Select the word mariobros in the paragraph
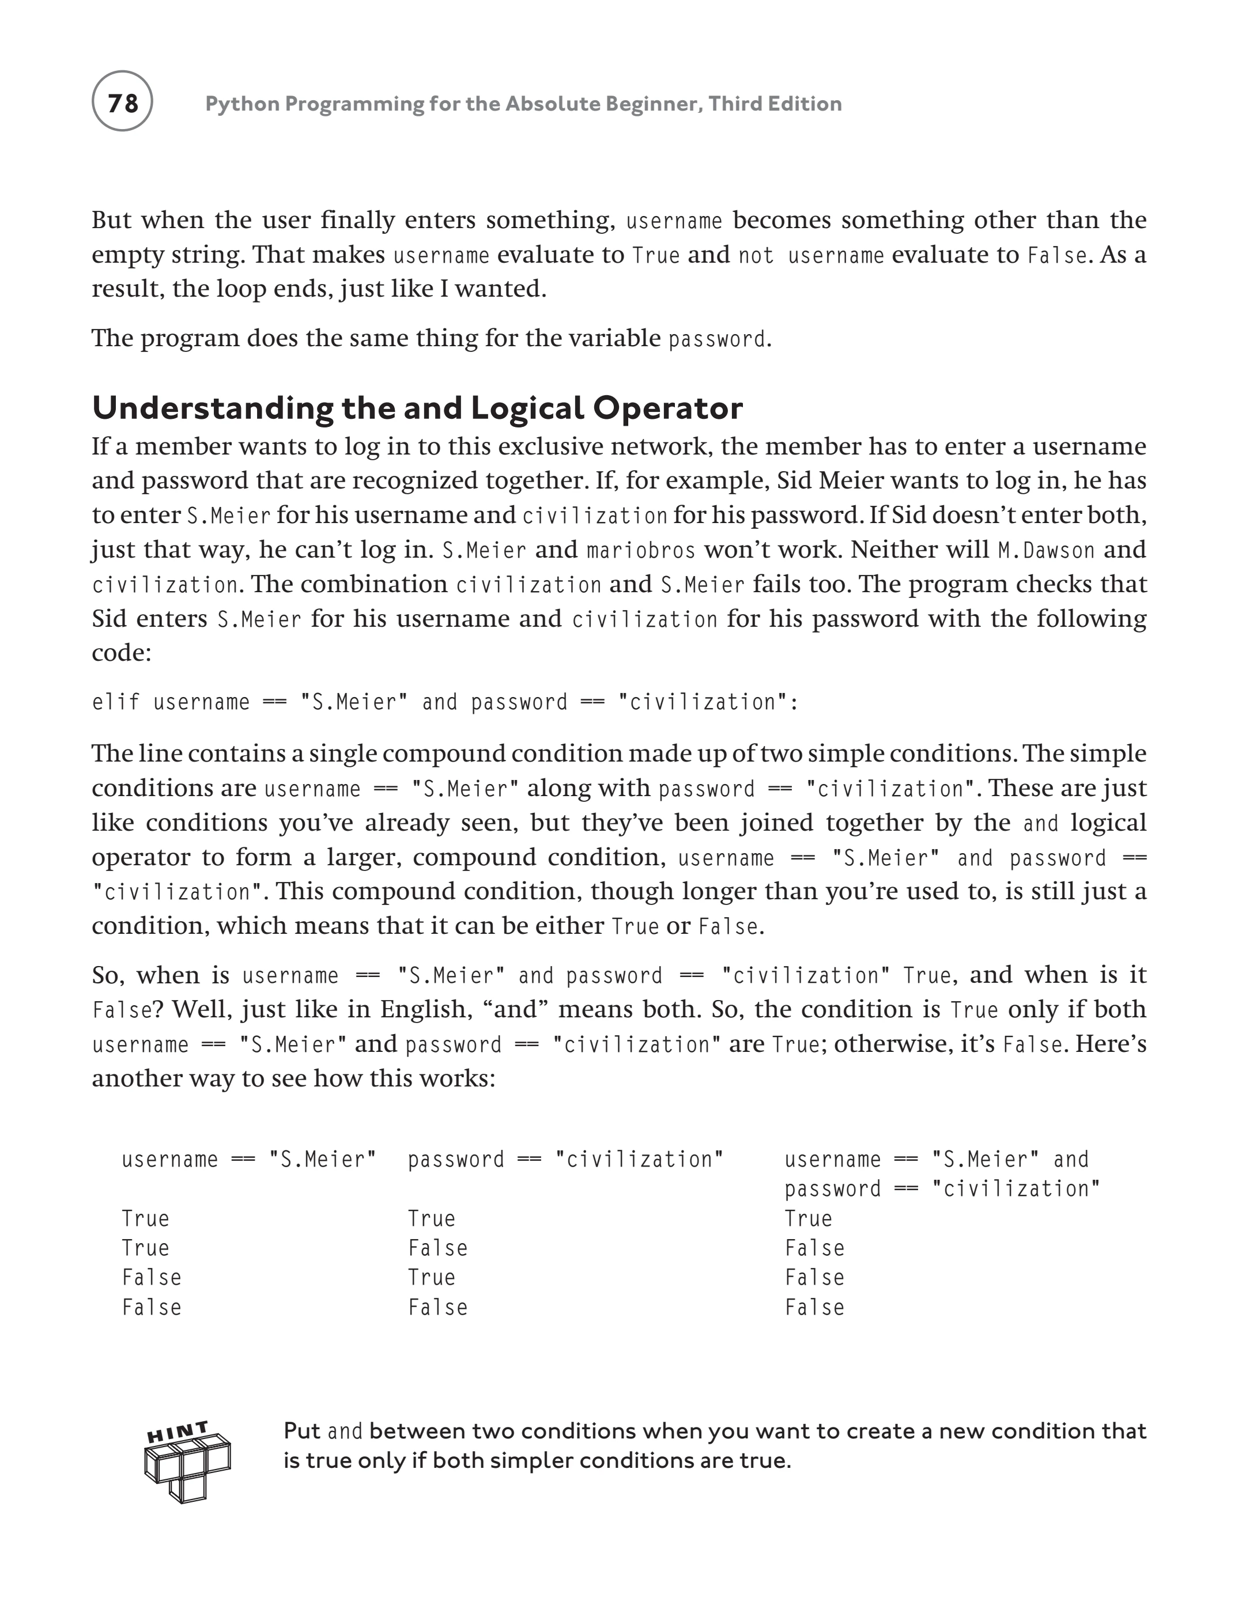pyautogui.click(x=641, y=550)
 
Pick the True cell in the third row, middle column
pyautogui.click(x=431, y=1277)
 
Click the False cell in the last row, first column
pyautogui.click(x=151, y=1307)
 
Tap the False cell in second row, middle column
pyautogui.click(x=437, y=1248)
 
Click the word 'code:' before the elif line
pyautogui.click(x=121, y=653)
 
